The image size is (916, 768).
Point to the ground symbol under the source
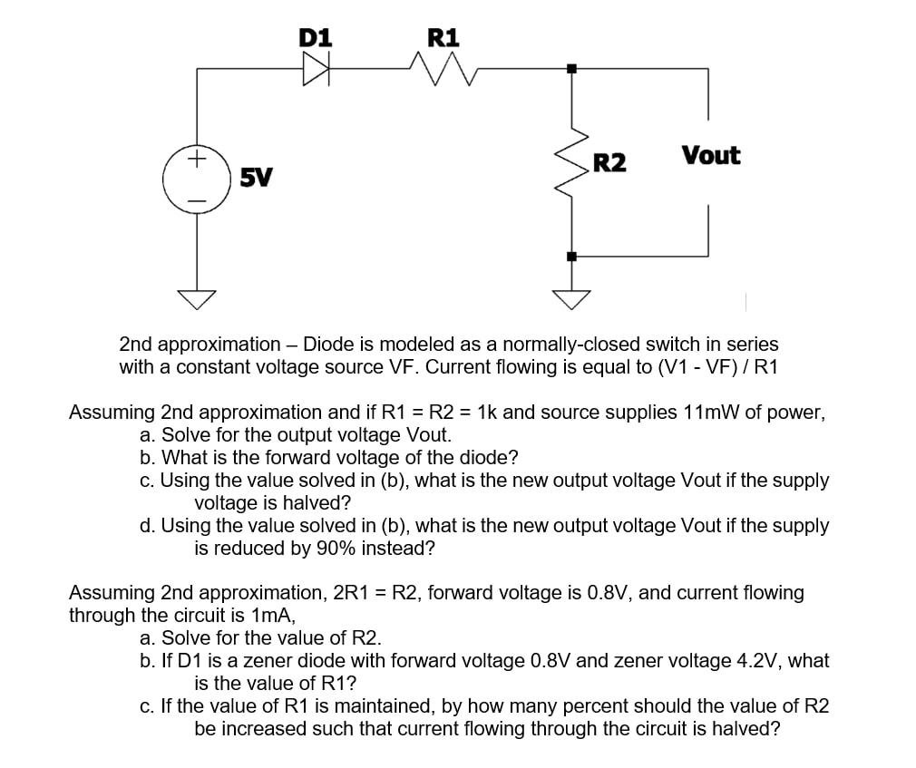point(197,297)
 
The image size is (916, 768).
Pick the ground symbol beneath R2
point(571,297)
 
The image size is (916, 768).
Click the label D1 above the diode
point(316,38)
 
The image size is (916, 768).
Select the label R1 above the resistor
point(443,38)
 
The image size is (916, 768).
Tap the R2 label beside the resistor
point(609,164)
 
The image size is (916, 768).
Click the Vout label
point(711,156)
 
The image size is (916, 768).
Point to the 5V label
point(256,177)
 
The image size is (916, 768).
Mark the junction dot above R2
point(571,69)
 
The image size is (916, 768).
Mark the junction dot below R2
point(571,257)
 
